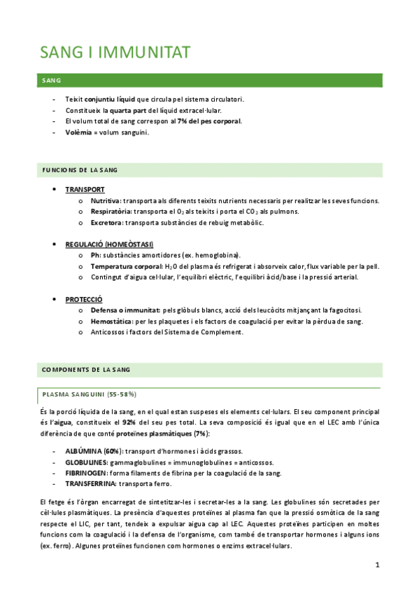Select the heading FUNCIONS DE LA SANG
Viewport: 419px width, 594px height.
pyautogui.click(x=80, y=170)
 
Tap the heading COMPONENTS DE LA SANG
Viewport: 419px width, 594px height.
pyautogui.click(x=86, y=369)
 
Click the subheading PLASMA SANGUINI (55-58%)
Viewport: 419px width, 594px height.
pyautogui.click(x=89, y=394)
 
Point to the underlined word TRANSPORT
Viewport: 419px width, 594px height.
pyautogui.click(x=85, y=190)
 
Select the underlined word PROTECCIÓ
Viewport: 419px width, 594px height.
pyautogui.click(x=84, y=298)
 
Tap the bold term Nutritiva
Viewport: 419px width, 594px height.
pyautogui.click(x=106, y=201)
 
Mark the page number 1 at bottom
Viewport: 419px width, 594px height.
pyautogui.click(x=376, y=565)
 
